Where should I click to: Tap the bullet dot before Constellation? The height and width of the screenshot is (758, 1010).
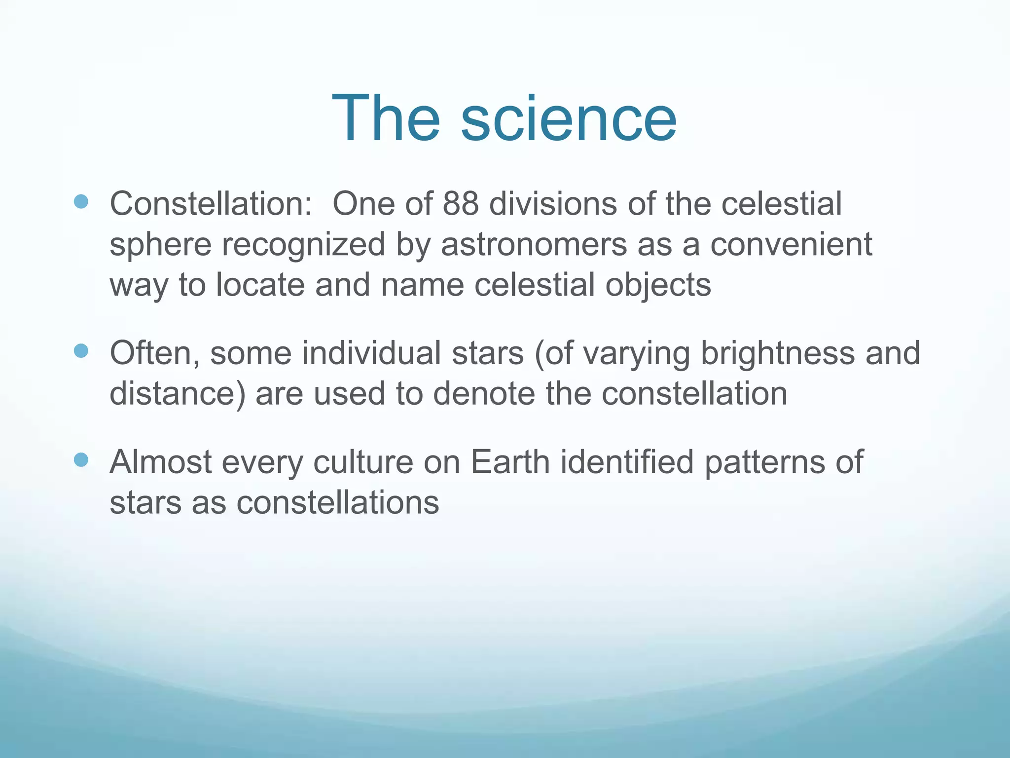[81, 201]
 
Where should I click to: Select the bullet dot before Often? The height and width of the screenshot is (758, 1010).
[81, 351]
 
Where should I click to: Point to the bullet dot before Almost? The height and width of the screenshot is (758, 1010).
[81, 460]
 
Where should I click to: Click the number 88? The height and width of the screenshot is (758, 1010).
[460, 204]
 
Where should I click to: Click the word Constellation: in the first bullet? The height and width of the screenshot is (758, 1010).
[211, 204]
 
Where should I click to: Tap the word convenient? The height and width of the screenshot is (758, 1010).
[791, 245]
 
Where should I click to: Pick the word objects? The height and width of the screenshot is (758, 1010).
[658, 286]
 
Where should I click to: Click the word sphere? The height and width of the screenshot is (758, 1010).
[160, 246]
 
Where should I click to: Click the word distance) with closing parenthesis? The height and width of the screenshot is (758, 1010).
[177, 394]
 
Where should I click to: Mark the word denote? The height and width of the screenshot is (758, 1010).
[484, 394]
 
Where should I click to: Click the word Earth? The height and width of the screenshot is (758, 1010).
[510, 462]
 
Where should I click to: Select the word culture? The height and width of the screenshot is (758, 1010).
[363, 462]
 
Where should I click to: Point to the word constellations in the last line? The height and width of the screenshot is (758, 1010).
[338, 503]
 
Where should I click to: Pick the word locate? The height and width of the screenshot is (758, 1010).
[260, 285]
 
